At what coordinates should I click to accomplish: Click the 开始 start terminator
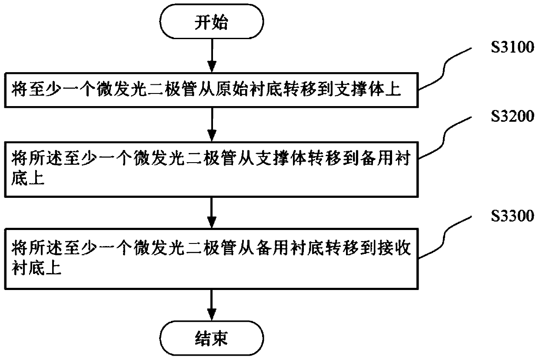212,22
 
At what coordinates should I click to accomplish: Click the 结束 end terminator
212,338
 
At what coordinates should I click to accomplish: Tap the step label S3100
512,47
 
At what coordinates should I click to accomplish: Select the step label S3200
512,116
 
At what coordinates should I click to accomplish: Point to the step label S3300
512,216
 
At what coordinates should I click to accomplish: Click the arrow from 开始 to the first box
212,56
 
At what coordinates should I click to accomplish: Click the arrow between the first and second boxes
212,124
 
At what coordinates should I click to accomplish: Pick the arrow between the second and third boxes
212,213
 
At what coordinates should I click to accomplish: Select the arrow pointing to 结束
212,305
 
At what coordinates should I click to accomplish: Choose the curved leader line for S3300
444,237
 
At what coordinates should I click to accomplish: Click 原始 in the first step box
233,90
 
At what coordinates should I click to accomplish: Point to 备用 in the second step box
376,159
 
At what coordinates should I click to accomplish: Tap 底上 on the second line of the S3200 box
28,178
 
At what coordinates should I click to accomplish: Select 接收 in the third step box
394,248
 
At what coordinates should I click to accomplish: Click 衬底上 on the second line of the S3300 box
37,268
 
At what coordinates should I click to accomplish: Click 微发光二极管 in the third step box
185,248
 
